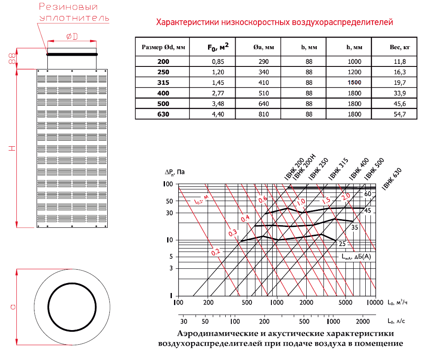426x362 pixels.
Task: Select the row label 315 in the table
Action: coord(163,82)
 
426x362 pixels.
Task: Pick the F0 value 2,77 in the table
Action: coord(216,93)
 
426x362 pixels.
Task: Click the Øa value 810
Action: coord(264,114)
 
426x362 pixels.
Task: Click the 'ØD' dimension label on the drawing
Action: coord(72,37)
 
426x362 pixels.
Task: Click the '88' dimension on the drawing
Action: coord(12,59)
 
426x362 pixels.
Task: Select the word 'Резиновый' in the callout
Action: coord(68,7)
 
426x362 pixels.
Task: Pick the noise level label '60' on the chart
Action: coord(367,194)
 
